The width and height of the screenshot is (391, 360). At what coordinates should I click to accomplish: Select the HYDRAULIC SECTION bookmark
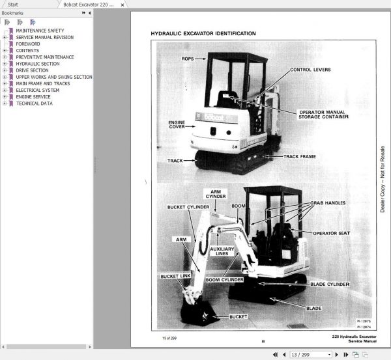pos(37,64)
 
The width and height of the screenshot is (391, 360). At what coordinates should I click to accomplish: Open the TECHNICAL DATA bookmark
pos(34,103)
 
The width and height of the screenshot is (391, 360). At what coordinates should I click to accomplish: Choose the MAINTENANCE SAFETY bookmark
pos(40,31)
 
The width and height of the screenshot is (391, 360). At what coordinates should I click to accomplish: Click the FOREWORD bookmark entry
pos(28,44)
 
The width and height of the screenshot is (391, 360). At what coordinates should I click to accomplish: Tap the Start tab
pos(13,4)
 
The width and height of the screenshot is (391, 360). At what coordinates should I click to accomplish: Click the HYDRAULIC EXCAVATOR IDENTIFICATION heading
pos(203,33)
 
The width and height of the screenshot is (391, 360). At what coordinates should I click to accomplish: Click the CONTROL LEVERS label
pos(310,68)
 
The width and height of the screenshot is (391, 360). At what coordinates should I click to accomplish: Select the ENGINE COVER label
pos(177,124)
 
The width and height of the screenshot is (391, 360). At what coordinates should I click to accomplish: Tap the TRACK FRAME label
pos(299,156)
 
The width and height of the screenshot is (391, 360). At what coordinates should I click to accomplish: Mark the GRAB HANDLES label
pos(326,202)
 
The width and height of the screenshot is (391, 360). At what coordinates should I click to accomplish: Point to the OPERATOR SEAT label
pos(332,232)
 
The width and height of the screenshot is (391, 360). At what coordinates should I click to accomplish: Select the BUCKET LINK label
pos(175,276)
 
